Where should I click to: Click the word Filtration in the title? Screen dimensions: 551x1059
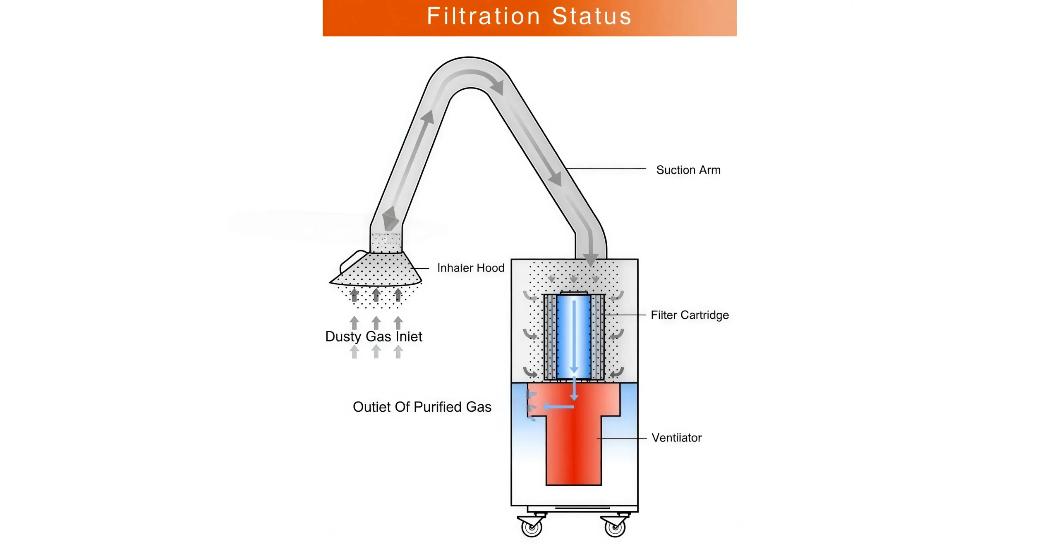tap(483, 17)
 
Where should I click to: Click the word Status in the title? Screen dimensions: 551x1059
tap(591, 17)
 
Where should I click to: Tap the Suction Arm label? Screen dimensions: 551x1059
tap(688, 170)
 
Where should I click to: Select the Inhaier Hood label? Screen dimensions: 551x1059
tap(470, 268)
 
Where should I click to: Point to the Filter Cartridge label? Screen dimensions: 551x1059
tap(689, 315)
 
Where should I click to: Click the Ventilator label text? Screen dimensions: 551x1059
tap(676, 438)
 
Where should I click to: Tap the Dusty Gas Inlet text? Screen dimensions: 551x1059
tap(374, 336)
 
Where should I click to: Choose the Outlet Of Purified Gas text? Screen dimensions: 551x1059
tap(422, 407)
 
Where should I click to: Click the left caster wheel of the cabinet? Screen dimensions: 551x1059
tap(532, 527)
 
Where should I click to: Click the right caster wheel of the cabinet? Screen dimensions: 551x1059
tap(615, 527)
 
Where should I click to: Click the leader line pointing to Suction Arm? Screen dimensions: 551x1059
tap(606, 169)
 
